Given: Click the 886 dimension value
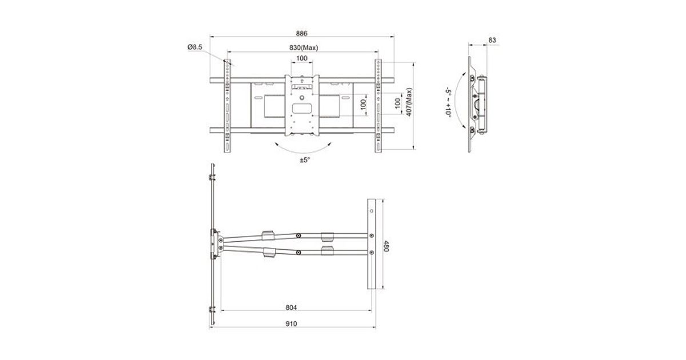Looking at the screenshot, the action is (301, 33).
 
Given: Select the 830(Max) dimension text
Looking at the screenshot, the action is (304, 48).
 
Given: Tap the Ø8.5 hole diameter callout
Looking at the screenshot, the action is (195, 47).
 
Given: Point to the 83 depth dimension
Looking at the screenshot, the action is (492, 40).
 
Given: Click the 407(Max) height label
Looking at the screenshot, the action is (409, 102).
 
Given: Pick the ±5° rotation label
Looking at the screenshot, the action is (305, 160).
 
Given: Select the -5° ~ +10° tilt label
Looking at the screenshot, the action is (448, 102).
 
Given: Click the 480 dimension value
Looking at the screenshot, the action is (386, 246).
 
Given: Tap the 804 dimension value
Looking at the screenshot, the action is (291, 307).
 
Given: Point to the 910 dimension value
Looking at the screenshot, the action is (291, 323).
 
